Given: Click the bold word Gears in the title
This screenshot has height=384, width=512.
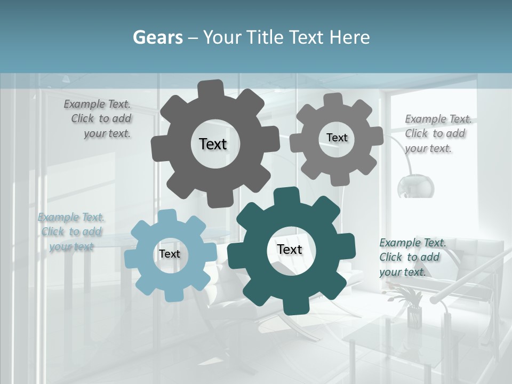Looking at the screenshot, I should (x=157, y=37).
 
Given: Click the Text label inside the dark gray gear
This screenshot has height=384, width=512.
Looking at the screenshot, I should (x=213, y=144).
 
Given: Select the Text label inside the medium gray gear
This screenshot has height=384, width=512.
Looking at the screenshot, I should (x=337, y=138).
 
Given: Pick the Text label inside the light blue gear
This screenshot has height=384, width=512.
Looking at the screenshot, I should (x=170, y=254).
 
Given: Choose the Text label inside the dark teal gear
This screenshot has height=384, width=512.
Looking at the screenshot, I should (x=290, y=249).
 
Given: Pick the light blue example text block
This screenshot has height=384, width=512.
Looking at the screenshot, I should (x=71, y=232).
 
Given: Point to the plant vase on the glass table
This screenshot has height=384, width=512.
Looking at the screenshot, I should (x=414, y=316).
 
